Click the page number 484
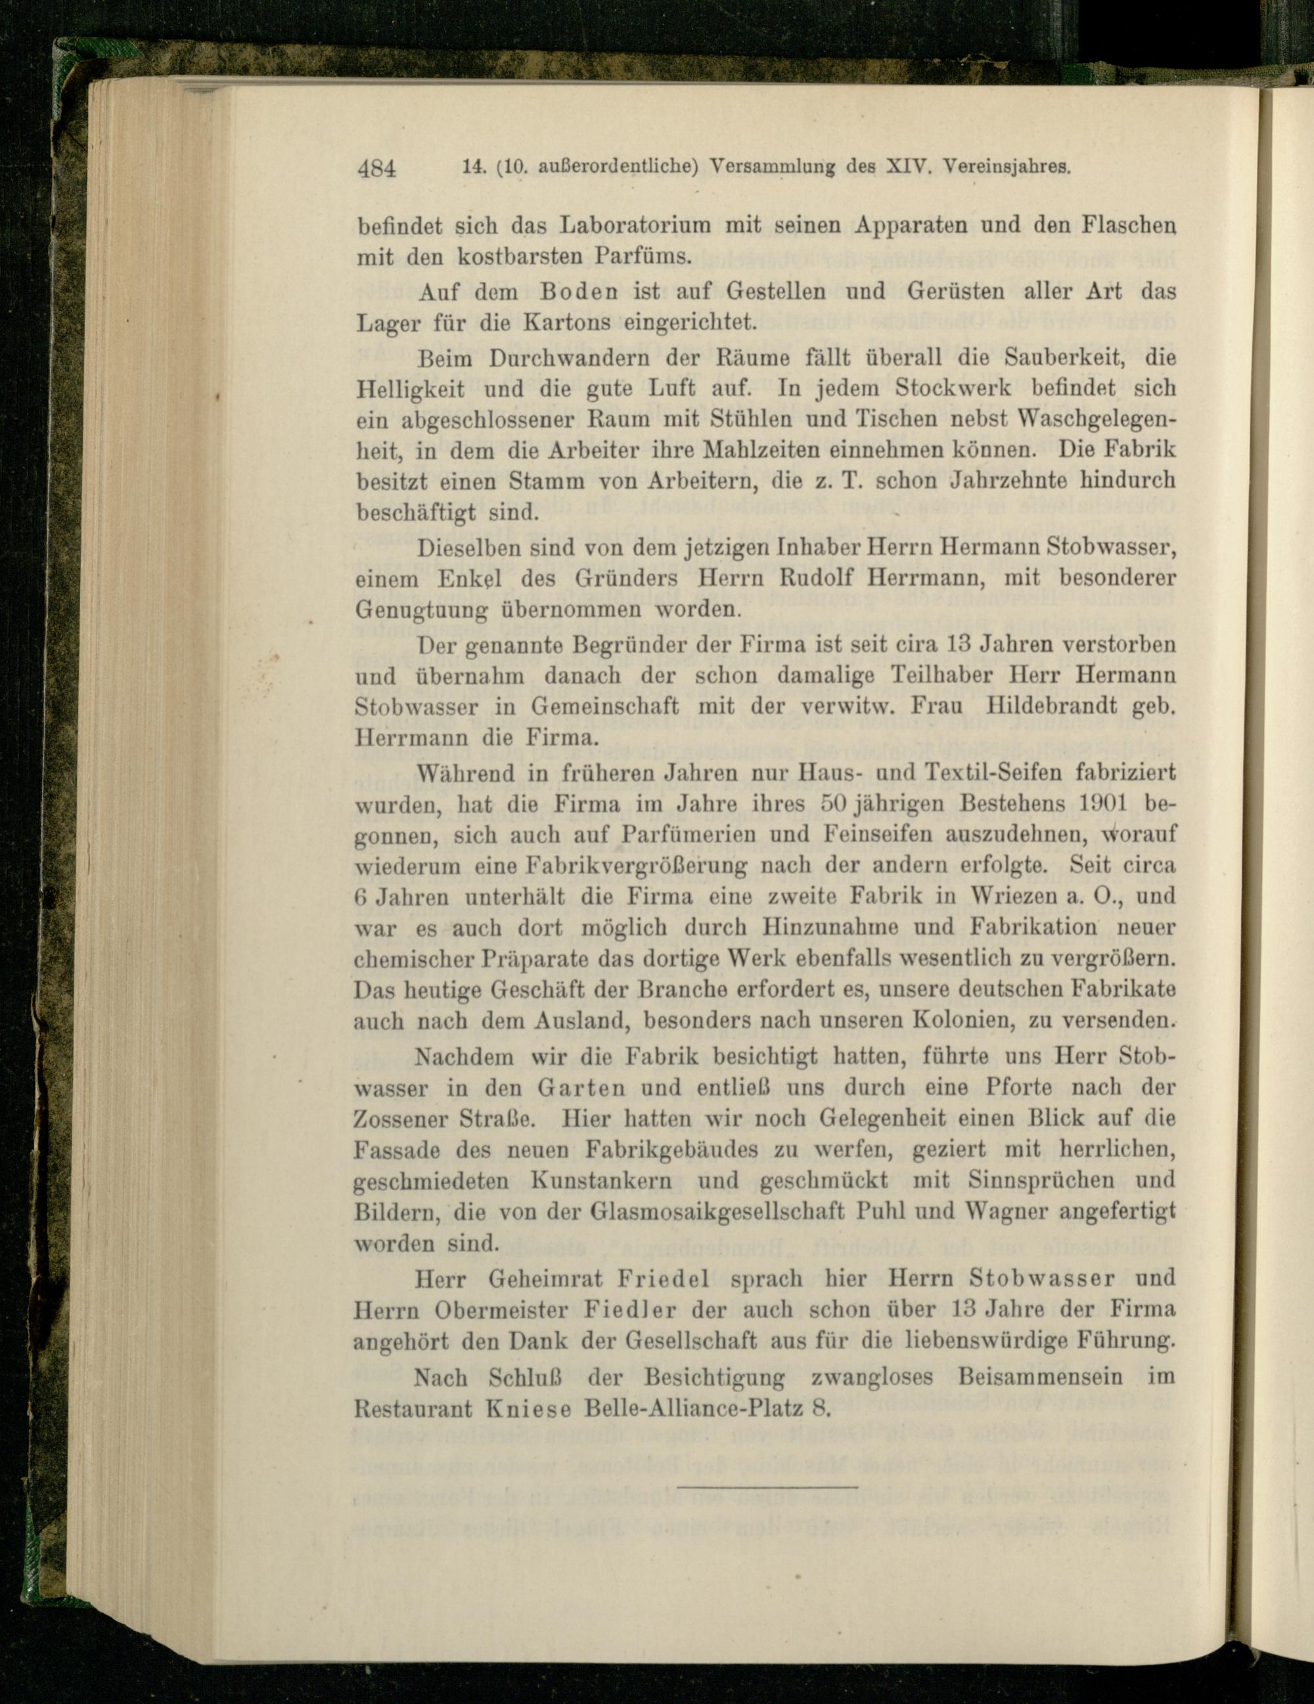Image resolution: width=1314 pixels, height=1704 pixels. point(378,169)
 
